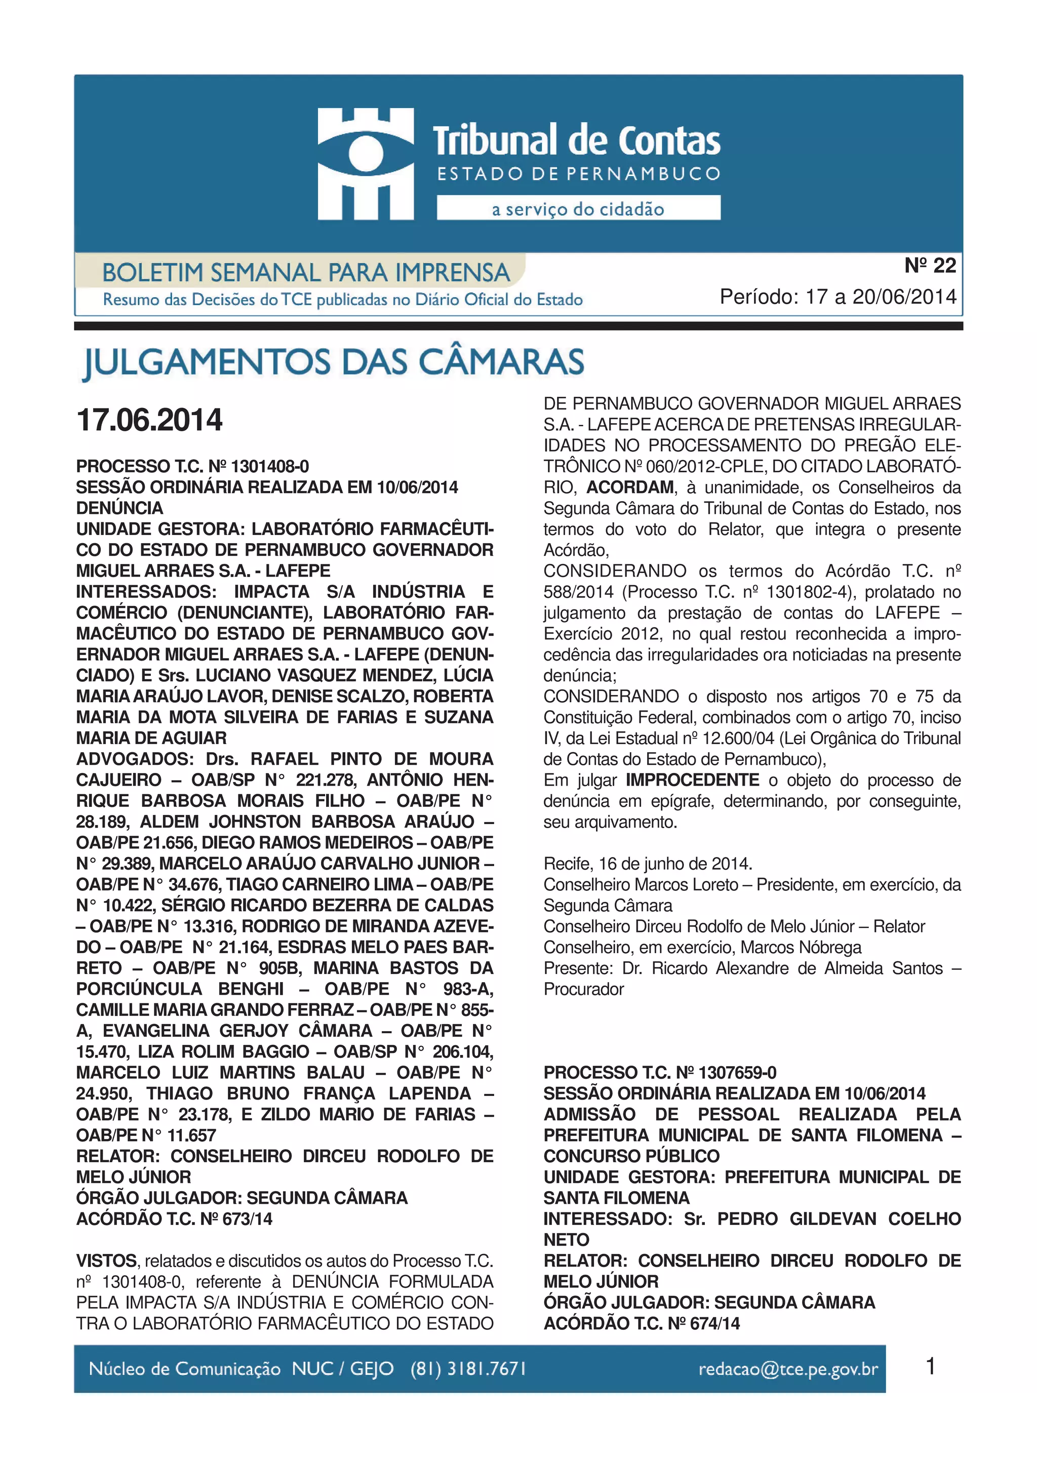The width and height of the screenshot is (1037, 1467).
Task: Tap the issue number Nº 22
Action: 930,266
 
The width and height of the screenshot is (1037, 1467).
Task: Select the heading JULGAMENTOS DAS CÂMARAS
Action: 334,362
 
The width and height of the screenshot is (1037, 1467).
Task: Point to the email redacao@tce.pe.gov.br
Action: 788,1369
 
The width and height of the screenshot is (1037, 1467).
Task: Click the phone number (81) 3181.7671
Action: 468,1369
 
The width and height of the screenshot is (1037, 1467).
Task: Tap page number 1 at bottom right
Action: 930,1367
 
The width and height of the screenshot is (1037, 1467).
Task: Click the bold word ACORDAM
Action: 630,487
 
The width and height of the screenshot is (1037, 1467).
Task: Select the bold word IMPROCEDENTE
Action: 692,780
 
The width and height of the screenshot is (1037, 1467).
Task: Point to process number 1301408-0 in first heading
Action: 270,466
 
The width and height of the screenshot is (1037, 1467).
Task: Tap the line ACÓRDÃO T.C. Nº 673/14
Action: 174,1219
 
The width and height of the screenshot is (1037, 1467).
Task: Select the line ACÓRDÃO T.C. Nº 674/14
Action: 642,1323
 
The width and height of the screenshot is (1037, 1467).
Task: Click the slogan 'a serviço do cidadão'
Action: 578,209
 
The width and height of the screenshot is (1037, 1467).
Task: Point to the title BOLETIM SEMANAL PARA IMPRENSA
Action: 305,273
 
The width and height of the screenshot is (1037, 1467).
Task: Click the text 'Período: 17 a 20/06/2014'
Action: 837,297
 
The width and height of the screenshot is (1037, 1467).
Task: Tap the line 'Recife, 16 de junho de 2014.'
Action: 647,864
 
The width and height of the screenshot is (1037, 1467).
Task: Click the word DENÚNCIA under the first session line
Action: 119,508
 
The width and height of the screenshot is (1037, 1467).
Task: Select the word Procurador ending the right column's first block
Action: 583,989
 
